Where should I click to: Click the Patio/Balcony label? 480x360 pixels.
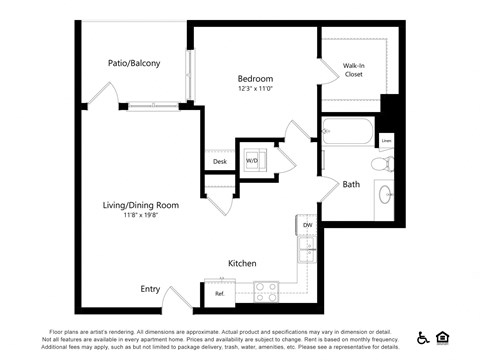(134, 63)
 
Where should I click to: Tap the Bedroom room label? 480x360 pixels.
(255, 78)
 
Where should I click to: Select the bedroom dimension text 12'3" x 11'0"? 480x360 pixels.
(255, 89)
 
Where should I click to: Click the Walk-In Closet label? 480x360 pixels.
(354, 68)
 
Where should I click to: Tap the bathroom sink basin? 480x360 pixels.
(385, 192)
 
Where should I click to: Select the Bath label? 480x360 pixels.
(351, 184)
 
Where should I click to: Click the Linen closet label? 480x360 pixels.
(386, 141)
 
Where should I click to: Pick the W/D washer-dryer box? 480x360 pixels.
(252, 159)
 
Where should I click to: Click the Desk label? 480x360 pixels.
(220, 162)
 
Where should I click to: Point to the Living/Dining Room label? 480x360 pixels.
(141, 205)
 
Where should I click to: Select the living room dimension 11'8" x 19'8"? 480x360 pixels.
(141, 215)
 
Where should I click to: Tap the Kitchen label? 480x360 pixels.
(243, 263)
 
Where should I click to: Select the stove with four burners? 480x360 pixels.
(266, 291)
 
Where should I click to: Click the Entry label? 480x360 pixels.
(150, 289)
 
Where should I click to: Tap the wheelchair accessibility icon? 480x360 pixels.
(423, 337)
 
